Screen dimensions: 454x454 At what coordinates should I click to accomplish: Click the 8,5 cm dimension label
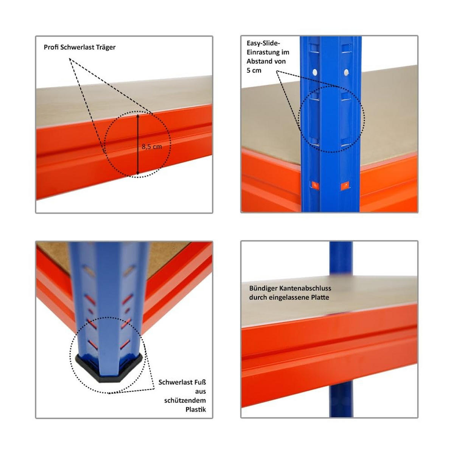152,146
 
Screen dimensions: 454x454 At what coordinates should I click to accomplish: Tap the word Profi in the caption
51,47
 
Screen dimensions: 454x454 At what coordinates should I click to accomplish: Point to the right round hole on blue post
346,72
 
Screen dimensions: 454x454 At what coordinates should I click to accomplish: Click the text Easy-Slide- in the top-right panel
263,43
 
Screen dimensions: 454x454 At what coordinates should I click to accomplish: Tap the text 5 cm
254,70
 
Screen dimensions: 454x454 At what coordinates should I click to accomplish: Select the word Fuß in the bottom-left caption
200,382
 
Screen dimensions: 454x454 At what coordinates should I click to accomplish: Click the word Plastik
196,409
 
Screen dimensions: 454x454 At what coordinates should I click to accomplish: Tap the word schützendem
185,400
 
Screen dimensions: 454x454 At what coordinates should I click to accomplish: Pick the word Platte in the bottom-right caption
320,297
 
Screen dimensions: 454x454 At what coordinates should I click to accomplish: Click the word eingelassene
289,297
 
